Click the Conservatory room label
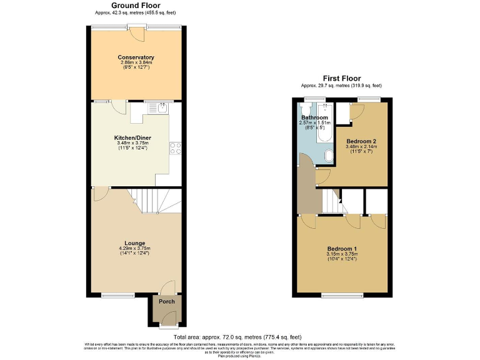tap(136, 57)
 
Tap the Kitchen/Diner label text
tap(132, 137)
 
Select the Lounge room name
tap(135, 243)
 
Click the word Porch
tap(167, 301)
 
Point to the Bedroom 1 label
tap(342, 249)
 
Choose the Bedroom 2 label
tap(359, 141)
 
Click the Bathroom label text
tap(314, 117)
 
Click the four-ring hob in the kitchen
tap(174, 148)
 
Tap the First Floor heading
tap(341, 78)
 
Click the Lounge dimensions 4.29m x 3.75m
tap(135, 249)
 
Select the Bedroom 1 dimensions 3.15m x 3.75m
tap(342, 254)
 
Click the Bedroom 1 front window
tap(342, 294)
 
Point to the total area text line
tap(239, 337)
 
